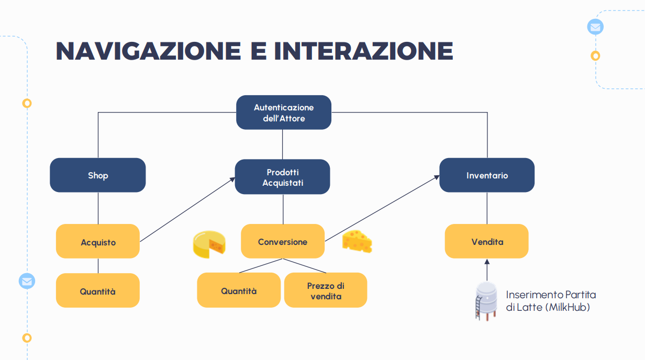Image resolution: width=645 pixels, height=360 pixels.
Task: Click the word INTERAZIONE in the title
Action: point(363,51)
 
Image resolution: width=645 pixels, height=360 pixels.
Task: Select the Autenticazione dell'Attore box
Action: point(283,113)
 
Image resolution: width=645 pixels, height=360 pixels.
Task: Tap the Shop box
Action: point(98,175)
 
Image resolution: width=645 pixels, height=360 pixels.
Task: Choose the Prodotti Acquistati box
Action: point(283,177)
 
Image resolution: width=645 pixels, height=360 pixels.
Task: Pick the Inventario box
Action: point(487,175)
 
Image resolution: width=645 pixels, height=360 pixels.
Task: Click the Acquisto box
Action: point(98,242)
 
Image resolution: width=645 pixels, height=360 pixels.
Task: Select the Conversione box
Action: point(283,242)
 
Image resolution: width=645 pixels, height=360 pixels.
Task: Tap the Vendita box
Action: point(487,241)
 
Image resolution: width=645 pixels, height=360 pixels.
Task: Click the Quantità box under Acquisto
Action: point(98,291)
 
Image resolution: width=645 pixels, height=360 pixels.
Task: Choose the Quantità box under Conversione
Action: point(239,290)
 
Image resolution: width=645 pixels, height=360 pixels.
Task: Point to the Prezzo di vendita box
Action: point(326,290)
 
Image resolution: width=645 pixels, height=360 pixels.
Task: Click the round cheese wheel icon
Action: point(209,245)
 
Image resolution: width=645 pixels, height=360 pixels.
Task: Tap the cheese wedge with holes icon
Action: point(357,241)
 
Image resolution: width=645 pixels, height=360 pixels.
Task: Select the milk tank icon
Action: point(486,301)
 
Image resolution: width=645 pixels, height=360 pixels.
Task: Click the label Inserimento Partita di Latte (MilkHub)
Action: point(551,301)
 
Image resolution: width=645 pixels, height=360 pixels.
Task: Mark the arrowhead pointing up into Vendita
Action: point(487,261)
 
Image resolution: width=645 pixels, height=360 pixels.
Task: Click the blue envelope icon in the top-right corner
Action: point(595,27)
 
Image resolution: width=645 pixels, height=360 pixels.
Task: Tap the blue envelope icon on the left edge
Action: point(27,281)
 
